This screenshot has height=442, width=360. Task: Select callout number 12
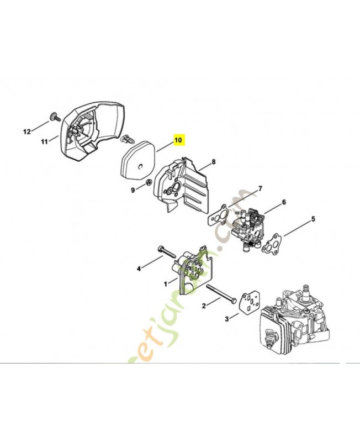27,131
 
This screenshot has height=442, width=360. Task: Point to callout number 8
213,162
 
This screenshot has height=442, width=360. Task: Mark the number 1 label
165,283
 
